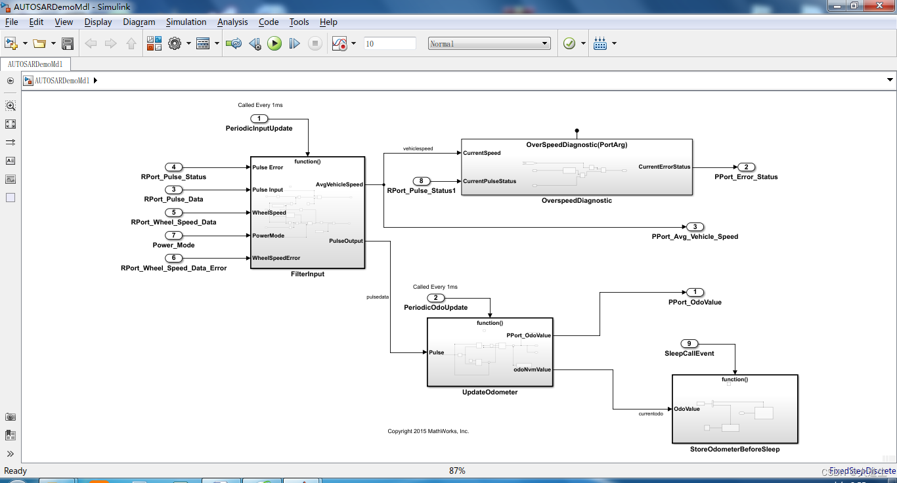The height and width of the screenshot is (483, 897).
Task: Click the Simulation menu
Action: tap(186, 22)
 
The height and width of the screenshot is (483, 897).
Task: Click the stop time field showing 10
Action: tap(389, 43)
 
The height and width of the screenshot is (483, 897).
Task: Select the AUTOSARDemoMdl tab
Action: tap(35, 64)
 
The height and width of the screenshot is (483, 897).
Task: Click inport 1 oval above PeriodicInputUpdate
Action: tap(259, 119)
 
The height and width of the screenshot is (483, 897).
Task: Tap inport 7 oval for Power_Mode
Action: tap(173, 235)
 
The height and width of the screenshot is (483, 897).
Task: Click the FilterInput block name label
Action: tap(307, 274)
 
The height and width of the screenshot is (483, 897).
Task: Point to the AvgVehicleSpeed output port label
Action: tap(339, 184)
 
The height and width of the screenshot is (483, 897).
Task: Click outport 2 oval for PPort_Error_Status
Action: tap(746, 167)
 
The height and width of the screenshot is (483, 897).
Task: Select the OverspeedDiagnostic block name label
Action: tap(577, 201)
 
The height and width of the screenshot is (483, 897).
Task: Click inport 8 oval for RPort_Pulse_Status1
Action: tap(421, 181)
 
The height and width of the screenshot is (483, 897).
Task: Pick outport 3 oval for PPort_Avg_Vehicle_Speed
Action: tap(695, 227)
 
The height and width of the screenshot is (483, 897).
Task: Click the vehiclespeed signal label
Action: tap(418, 149)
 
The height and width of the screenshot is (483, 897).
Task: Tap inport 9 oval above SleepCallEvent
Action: tap(689, 343)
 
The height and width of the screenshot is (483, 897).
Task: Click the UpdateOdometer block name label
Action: tap(490, 392)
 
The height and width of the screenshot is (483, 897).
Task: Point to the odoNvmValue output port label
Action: tap(532, 369)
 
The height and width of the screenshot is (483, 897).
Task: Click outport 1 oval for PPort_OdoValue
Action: tap(695, 292)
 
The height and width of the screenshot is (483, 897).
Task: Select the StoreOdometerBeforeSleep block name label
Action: tap(735, 450)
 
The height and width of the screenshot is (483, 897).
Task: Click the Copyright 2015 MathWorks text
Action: tap(428, 431)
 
